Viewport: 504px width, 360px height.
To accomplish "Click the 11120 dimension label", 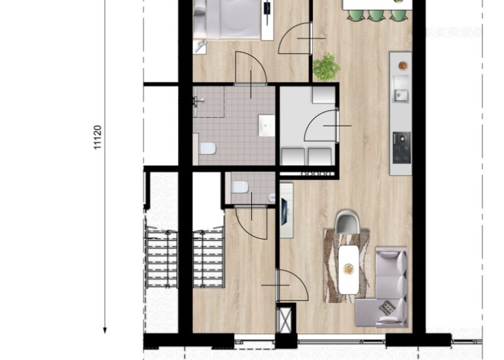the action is [98, 137].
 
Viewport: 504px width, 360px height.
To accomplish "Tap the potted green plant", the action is [326, 67].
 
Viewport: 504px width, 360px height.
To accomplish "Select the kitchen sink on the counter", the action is [401, 95].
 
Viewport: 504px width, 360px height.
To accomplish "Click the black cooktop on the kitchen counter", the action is [401, 147].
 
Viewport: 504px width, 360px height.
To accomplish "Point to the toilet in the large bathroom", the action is [207, 149].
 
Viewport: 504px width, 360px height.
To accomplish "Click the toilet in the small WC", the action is [240, 187].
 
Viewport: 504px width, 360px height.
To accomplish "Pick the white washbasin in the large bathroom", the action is [267, 126].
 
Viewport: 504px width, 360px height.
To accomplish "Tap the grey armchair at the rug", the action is [347, 222].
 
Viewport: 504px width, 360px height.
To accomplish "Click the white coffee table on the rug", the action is [348, 270].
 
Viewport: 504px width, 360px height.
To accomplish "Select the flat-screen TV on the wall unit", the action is [285, 211].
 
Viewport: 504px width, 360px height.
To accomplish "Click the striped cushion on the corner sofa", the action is [387, 307].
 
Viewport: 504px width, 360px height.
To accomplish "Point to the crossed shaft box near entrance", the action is [285, 320].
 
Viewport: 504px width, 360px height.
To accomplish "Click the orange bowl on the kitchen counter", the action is [403, 65].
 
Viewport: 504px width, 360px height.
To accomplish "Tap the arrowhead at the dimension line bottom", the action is [105, 331].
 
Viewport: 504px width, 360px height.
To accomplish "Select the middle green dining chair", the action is [376, 15].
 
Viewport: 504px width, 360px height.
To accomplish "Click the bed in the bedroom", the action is [228, 19].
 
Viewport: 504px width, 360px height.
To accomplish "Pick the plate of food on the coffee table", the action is [348, 269].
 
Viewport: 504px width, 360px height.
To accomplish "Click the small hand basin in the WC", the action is [272, 198].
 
